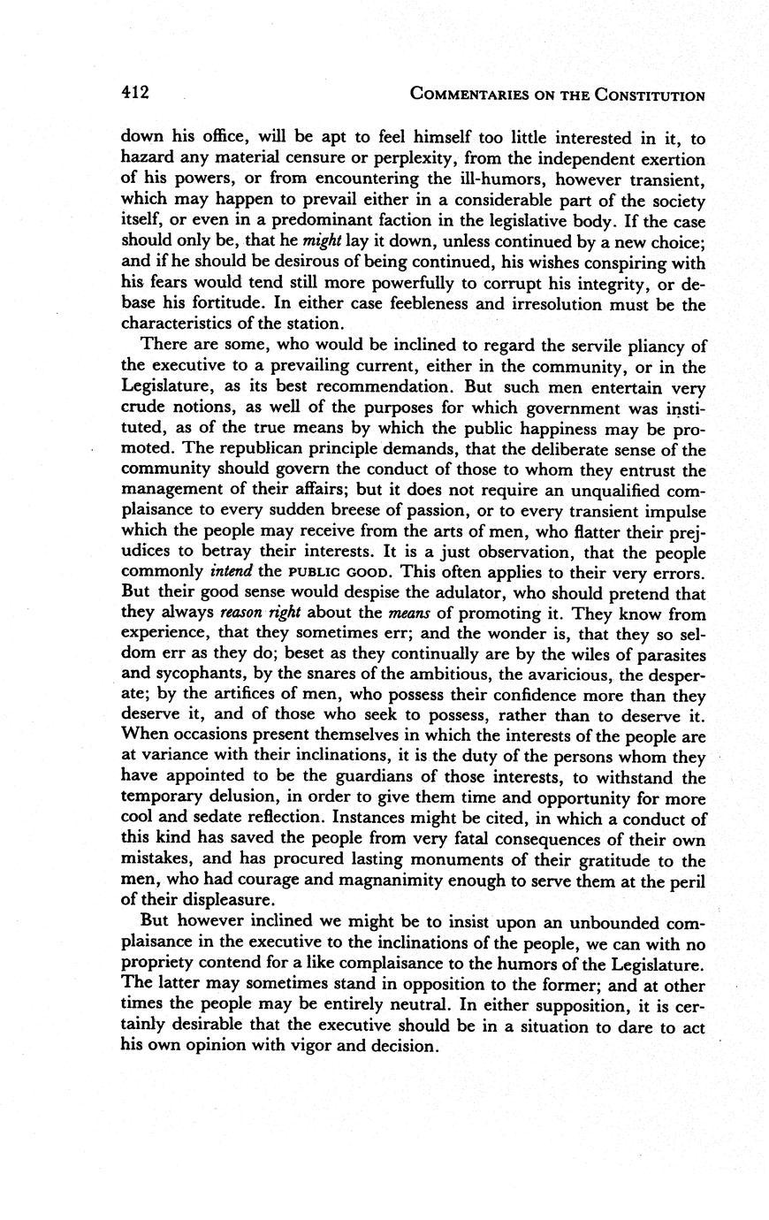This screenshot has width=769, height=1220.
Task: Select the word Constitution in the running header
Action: [x=651, y=95]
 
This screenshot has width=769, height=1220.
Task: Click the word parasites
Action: [x=666, y=654]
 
